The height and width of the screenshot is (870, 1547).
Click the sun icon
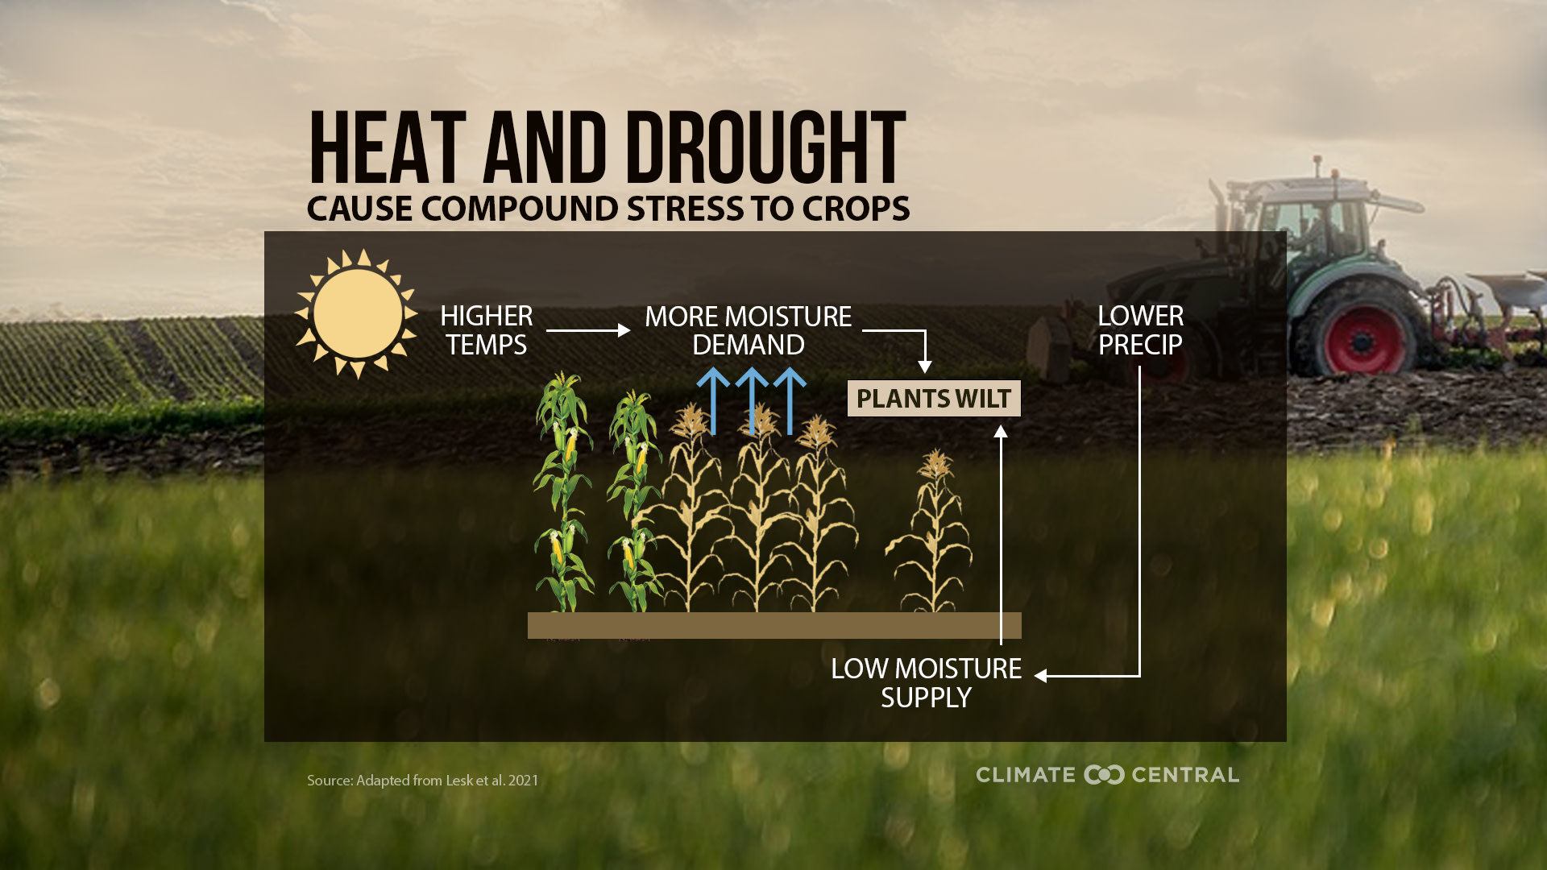(357, 313)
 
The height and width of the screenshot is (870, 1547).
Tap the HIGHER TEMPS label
(486, 330)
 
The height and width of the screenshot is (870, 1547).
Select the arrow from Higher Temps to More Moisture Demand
(587, 330)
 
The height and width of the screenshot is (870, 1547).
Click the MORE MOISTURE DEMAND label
(748, 330)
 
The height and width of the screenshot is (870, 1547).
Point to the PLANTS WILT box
(934, 399)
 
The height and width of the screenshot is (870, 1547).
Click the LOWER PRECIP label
(1140, 330)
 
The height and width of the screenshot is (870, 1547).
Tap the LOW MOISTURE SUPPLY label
(926, 683)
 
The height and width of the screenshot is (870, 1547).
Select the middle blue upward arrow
(752, 400)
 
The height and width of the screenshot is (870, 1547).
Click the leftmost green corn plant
(563, 491)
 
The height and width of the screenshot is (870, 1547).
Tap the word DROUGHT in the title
(765, 149)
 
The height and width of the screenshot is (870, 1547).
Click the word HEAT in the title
(387, 149)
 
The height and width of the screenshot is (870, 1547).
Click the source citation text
(422, 781)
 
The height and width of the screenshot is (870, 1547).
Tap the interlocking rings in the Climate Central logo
(1104, 775)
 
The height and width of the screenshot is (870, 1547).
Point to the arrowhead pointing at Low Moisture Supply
(1041, 676)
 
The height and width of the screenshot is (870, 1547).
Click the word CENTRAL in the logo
(1185, 775)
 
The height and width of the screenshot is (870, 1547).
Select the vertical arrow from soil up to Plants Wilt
(1001, 532)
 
